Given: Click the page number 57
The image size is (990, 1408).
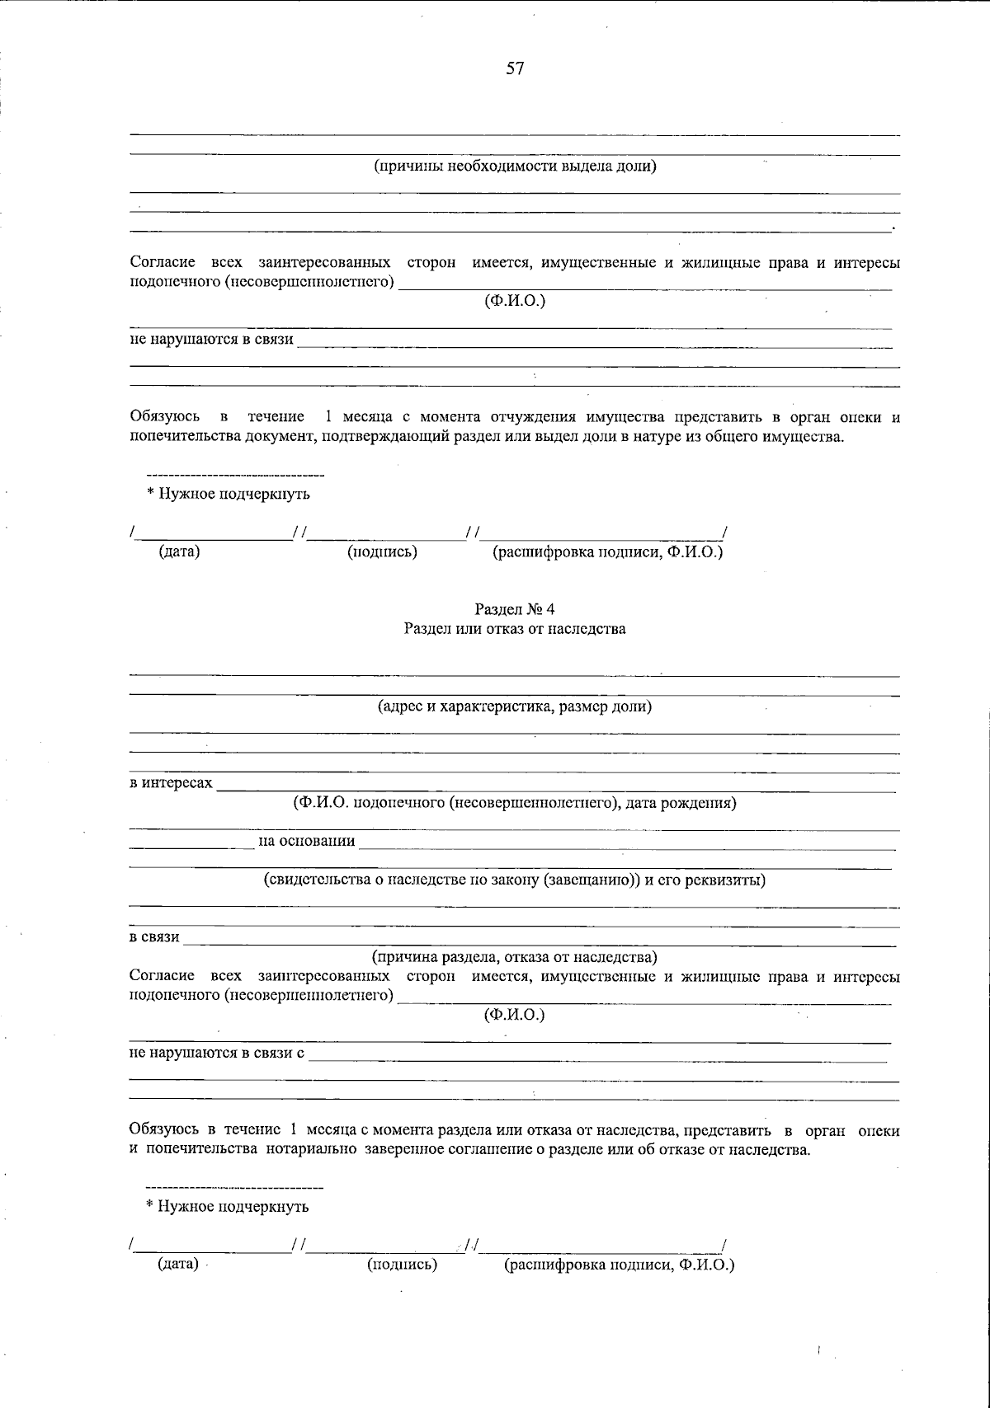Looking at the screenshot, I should click(x=515, y=69).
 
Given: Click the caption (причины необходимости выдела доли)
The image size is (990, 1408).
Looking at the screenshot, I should click(x=515, y=167).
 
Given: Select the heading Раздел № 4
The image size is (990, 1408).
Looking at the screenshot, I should click(x=515, y=609).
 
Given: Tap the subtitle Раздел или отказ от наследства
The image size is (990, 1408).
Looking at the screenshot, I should click(x=515, y=629).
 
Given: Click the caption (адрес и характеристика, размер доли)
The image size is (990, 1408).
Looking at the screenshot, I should click(x=515, y=707).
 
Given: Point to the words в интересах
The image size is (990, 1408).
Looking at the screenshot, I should click(x=171, y=782).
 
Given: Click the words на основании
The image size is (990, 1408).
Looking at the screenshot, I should click(x=307, y=841).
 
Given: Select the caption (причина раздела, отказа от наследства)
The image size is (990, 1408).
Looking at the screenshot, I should click(x=515, y=957).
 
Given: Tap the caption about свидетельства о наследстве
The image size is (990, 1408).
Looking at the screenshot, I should click(x=515, y=880).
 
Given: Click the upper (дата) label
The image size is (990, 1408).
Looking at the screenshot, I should click(x=179, y=552).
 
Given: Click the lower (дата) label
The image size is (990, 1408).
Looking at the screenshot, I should click(x=178, y=1264).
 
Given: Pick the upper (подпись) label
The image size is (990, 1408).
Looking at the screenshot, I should click(x=382, y=552).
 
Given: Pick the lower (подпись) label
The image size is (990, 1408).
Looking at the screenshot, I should click(x=402, y=1264).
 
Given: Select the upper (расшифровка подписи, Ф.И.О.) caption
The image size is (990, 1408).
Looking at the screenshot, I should click(x=607, y=552).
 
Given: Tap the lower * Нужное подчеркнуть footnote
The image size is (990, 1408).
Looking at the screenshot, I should click(x=228, y=1207).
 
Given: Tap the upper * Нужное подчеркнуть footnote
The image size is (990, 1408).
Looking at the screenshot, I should click(x=229, y=495).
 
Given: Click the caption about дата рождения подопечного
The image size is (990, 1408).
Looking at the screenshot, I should click(x=515, y=803).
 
